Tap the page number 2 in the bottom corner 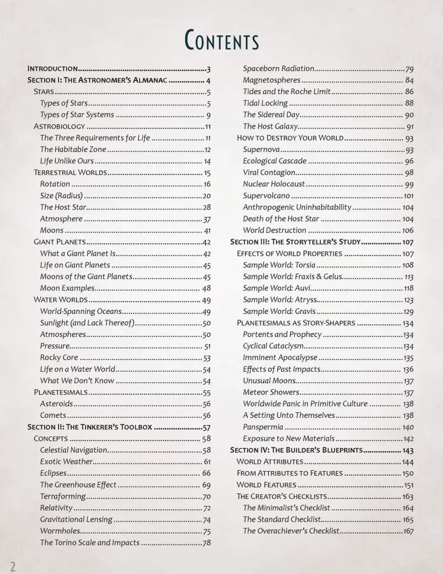point(13,567)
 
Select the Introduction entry point(53,69)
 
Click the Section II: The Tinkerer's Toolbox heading point(90,427)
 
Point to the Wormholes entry point(60,531)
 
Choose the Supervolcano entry point(266,196)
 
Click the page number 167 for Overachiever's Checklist point(408,531)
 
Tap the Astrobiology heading point(59,126)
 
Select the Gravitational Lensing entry point(76,519)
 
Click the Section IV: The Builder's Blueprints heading point(296,450)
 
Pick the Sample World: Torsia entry point(279,265)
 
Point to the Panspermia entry point(263,427)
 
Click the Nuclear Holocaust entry point(274,184)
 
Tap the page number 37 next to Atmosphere point(206,219)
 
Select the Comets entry point(53,415)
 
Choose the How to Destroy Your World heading point(290,138)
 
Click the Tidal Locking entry point(265,103)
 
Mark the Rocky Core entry point(59,357)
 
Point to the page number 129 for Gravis point(408,312)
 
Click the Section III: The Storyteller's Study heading point(295,242)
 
